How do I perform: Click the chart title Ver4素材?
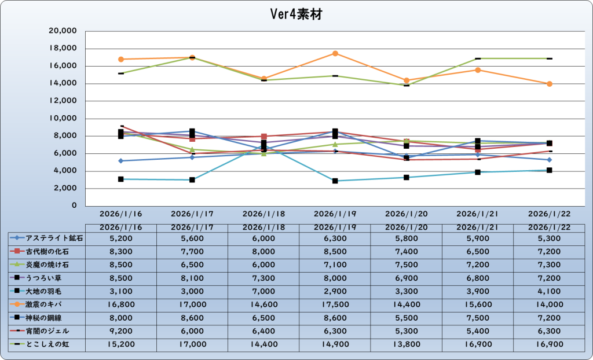(296, 14)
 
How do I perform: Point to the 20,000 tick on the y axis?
(64, 31)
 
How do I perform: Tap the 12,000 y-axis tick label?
(64, 101)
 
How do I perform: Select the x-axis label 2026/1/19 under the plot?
(335, 214)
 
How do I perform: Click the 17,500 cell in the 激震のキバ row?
(335, 303)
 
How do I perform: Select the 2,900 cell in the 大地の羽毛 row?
(335, 290)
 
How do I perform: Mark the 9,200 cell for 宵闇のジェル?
(121, 331)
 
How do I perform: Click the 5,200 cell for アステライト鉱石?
(121, 238)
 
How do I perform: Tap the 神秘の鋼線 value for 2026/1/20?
(407, 317)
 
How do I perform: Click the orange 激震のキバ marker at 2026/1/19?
(335, 53)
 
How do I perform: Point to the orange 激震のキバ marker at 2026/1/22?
(549, 84)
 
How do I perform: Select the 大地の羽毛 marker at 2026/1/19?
(335, 181)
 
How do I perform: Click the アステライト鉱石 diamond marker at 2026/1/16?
(121, 160)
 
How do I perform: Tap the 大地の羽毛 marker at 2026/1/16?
(121, 179)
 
